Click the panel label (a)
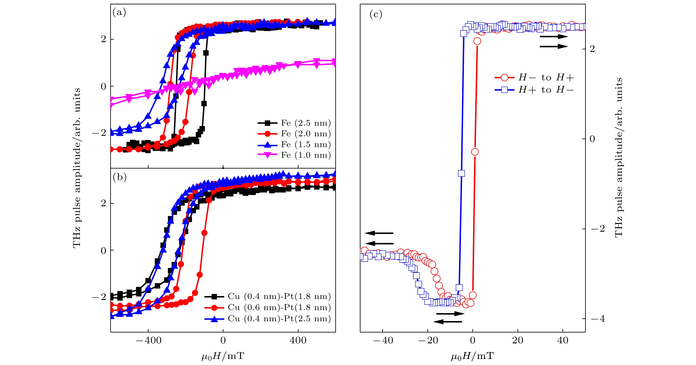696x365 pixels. tap(119, 12)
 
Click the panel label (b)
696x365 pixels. tap(119, 177)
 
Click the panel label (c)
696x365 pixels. tap(375, 14)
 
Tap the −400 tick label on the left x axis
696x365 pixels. tap(148, 340)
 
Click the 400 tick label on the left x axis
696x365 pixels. tap(298, 340)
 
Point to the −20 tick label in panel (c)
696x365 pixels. tap(428, 340)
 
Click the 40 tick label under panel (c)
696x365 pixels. tap(563, 340)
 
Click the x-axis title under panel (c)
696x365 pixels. tap(473, 356)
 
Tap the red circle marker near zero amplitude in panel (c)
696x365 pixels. tap(475, 152)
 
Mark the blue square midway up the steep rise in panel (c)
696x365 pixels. tap(462, 173)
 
